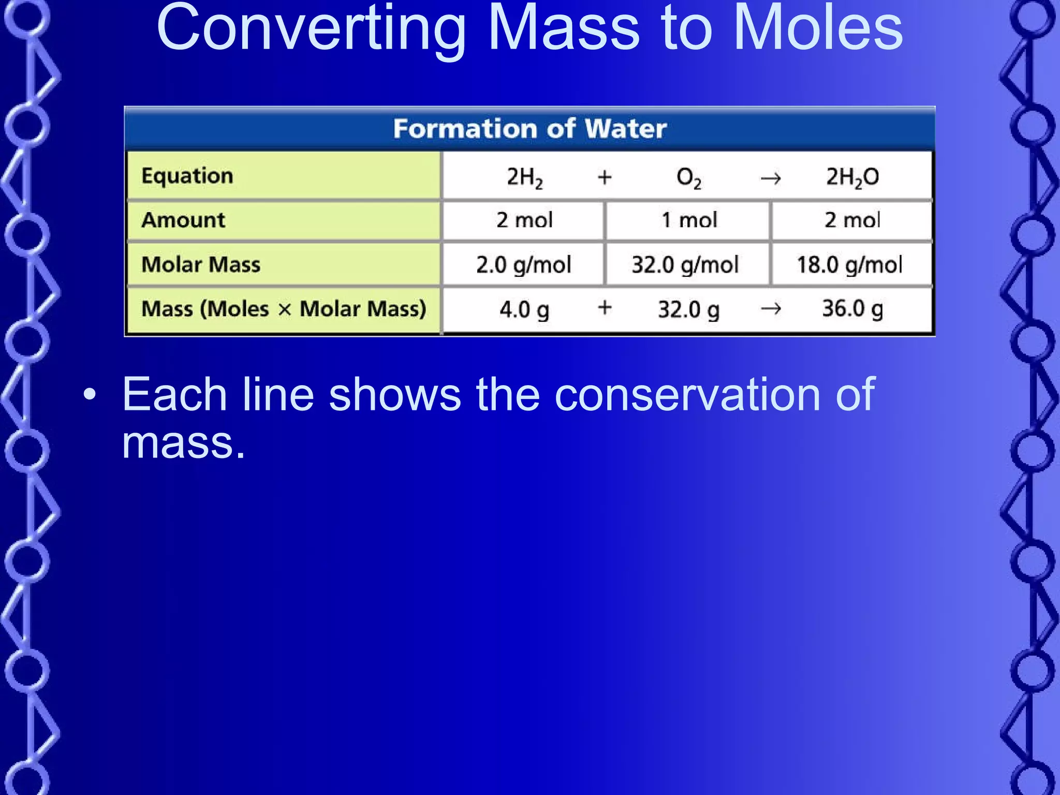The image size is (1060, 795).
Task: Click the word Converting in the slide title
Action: click(x=311, y=28)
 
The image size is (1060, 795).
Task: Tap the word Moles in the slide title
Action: click(x=818, y=28)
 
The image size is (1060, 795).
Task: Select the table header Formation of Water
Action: click(x=529, y=128)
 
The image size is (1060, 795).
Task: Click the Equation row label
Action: click(x=187, y=176)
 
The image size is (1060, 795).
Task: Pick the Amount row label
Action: click(x=183, y=220)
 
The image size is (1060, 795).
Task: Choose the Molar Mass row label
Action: click(x=201, y=264)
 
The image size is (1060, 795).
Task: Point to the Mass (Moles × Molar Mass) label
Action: click(x=284, y=309)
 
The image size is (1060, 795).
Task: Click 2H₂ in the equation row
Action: click(x=524, y=178)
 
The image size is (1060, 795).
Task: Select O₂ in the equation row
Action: click(x=688, y=178)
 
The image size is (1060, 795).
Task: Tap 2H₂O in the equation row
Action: click(x=852, y=178)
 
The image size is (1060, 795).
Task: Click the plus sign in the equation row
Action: click(x=605, y=178)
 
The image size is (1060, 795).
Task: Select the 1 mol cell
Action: click(x=689, y=220)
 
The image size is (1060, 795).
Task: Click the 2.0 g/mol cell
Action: click(x=524, y=265)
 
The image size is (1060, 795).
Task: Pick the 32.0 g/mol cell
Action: click(x=685, y=265)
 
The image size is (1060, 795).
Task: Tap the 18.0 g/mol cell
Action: click(x=849, y=265)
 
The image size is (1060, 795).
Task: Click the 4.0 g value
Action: click(x=524, y=310)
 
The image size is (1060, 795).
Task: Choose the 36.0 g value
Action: click(x=852, y=309)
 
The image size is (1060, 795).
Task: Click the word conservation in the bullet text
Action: click(x=688, y=394)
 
